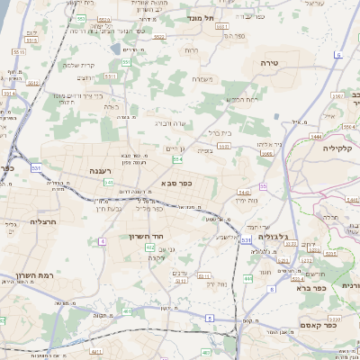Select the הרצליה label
(43, 220)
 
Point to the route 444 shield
(247, 279)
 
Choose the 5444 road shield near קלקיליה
(316, 135)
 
